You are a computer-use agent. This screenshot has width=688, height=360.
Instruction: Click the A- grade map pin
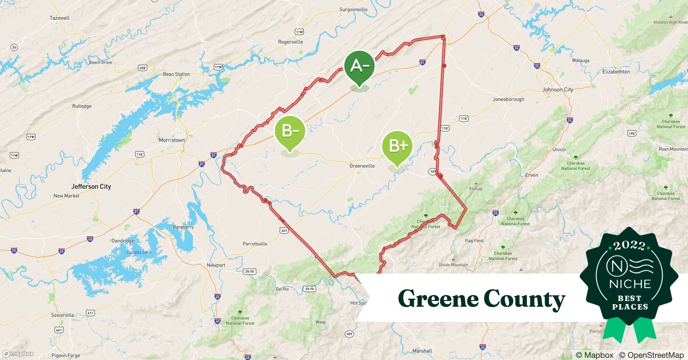(x=359, y=67)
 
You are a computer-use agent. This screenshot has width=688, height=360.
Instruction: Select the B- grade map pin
(x=290, y=131)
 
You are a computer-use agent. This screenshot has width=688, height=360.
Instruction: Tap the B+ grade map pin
(x=397, y=146)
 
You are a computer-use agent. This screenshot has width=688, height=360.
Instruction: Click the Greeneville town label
(x=362, y=166)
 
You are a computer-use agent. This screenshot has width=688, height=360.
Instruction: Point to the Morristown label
(x=172, y=140)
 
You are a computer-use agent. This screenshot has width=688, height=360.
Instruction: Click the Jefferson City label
(x=91, y=186)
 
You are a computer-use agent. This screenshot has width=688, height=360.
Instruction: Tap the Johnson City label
(x=558, y=90)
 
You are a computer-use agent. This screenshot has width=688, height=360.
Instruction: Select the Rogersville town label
(x=290, y=42)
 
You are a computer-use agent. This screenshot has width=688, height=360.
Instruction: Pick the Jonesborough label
(x=508, y=99)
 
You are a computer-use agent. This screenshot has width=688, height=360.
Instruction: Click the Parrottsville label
(x=255, y=244)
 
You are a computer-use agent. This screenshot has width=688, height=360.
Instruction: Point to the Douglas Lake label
(x=139, y=252)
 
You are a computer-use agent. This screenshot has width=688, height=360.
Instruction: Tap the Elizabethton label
(x=616, y=72)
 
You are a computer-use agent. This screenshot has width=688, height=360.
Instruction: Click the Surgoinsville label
(x=353, y=10)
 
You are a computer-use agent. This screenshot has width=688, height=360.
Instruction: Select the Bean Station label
(x=176, y=74)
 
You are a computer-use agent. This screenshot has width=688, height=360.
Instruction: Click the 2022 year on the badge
(x=629, y=246)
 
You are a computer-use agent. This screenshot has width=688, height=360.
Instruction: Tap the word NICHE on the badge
(x=630, y=284)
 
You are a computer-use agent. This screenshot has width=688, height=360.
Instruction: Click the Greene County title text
(x=481, y=299)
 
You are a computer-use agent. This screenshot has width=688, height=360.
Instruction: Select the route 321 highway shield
(x=284, y=230)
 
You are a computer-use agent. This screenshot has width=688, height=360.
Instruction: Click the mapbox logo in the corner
(x=18, y=354)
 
